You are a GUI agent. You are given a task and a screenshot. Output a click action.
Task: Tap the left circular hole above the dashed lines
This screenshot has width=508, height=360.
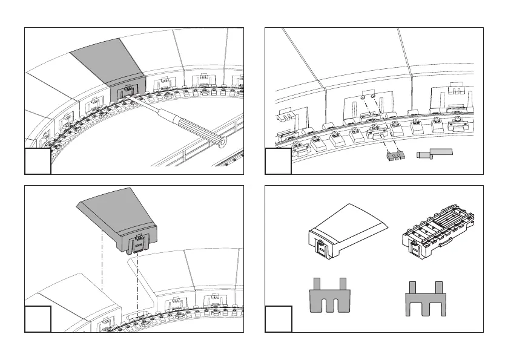(361, 97)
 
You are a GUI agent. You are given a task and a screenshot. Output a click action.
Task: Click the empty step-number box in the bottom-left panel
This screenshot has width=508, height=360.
(37, 319)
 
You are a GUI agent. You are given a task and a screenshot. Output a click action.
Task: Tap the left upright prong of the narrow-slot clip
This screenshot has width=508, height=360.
(317, 284)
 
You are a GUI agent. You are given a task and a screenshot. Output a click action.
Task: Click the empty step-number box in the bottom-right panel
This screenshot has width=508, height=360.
(279, 319)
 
